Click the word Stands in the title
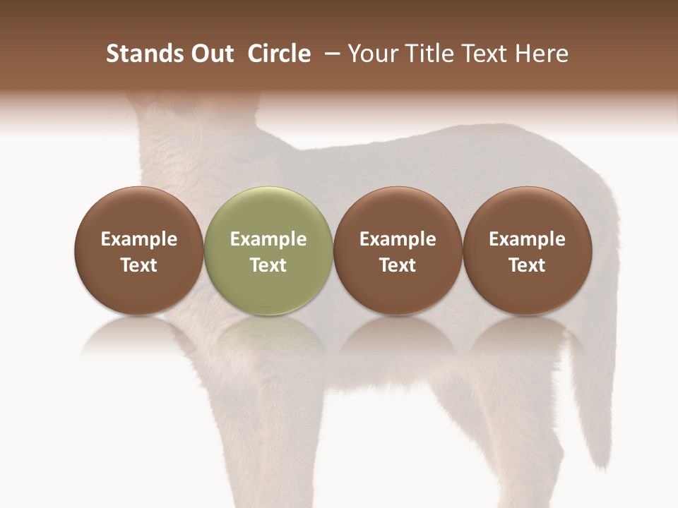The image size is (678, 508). [138, 54]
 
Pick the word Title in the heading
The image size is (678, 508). [425, 54]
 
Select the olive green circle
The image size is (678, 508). [268, 250]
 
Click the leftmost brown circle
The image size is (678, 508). [138, 250]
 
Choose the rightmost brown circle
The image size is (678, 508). [527, 250]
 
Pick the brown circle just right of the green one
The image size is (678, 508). [398, 250]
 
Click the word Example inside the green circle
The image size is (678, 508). [268, 239]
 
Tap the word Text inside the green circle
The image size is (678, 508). [268, 265]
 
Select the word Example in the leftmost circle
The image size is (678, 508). [138, 239]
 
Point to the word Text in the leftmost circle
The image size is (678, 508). [138, 265]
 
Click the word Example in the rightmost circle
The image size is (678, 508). [527, 239]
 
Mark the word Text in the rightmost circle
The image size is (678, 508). [527, 265]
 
